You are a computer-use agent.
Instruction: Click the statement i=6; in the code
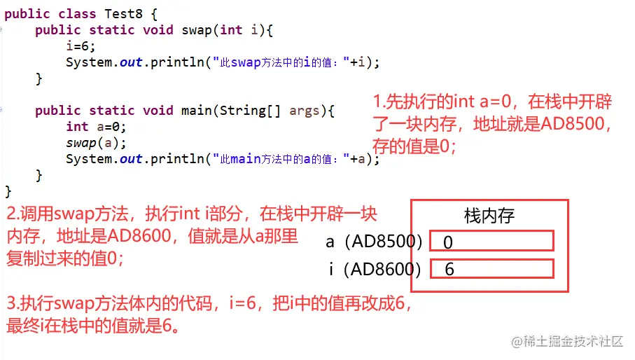[81, 46]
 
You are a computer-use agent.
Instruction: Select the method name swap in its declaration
[197, 29]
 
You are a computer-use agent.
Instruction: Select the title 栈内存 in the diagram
[489, 216]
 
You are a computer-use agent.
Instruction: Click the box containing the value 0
[492, 241]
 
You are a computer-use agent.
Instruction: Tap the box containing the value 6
[492, 268]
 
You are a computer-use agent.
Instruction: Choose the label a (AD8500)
[374, 242]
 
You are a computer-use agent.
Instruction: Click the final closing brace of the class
[8, 191]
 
